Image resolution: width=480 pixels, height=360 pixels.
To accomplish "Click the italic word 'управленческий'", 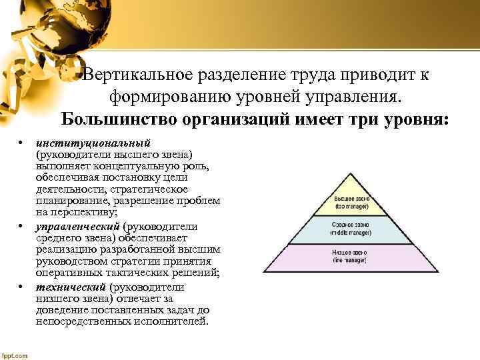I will click(x=79, y=227).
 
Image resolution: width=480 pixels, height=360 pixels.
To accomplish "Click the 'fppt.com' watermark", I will click(x=15, y=355).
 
